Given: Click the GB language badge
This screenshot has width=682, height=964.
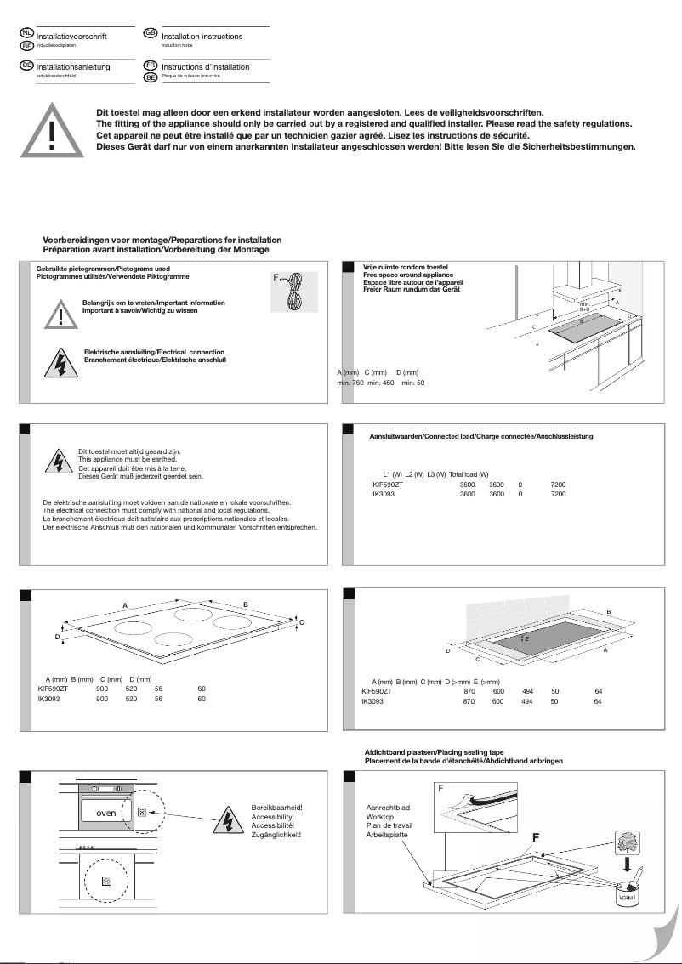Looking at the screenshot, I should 151,32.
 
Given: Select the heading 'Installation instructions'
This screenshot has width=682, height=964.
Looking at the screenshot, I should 202,37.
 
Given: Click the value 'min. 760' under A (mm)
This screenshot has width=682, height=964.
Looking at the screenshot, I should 350,383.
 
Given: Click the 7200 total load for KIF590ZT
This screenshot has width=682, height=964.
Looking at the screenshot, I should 558,485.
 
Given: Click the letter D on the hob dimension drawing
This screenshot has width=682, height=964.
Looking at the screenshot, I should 58,636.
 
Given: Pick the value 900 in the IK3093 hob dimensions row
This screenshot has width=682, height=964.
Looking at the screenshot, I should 102,699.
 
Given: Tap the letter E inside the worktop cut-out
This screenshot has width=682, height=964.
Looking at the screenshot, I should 526,638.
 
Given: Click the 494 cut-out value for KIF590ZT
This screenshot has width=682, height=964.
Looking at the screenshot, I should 527,692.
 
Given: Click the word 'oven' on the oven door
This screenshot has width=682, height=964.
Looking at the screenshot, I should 105,813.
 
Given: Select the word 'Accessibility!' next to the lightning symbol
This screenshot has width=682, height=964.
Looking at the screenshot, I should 272,816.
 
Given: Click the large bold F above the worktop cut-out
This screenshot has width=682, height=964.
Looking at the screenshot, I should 536,837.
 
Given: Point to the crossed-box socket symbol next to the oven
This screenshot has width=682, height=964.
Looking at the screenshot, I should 141,812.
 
